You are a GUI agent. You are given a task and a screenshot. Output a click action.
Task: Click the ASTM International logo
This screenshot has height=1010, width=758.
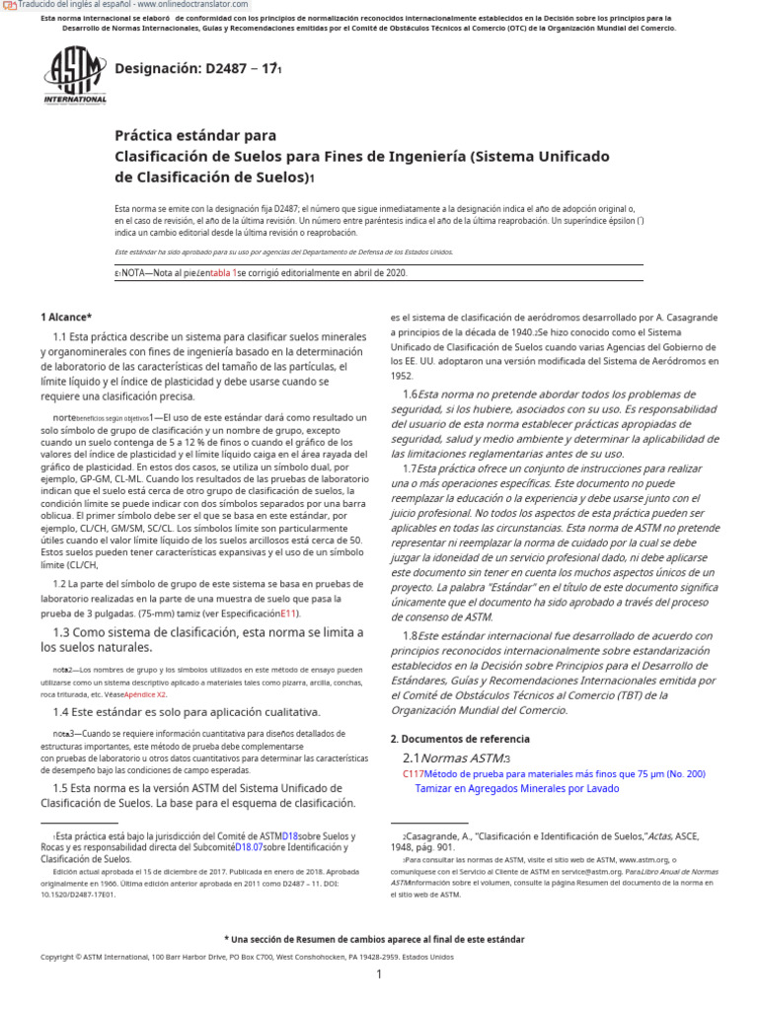coord(75,76)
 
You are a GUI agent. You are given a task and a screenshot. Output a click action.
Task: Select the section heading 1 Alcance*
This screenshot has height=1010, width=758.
coord(66,317)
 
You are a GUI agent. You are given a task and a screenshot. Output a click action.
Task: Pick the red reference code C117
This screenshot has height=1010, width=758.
coord(413,774)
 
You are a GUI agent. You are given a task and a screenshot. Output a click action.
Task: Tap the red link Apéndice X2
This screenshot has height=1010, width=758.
coord(145,693)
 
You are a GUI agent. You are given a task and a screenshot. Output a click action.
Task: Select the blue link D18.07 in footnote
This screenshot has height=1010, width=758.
coord(247,846)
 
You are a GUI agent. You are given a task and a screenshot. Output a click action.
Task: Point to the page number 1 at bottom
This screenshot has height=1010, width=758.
coord(379,974)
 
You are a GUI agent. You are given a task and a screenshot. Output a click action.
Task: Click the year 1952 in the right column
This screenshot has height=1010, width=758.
coord(402,376)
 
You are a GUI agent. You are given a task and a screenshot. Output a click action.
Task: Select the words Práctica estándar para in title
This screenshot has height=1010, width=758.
coord(195,135)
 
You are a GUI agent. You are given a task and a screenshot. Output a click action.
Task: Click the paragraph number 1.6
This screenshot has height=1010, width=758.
coord(410,395)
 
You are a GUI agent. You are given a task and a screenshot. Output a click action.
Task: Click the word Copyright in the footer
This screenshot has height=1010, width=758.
coord(57,957)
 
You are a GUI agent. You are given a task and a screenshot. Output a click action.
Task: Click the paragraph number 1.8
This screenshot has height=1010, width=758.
coord(410,636)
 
